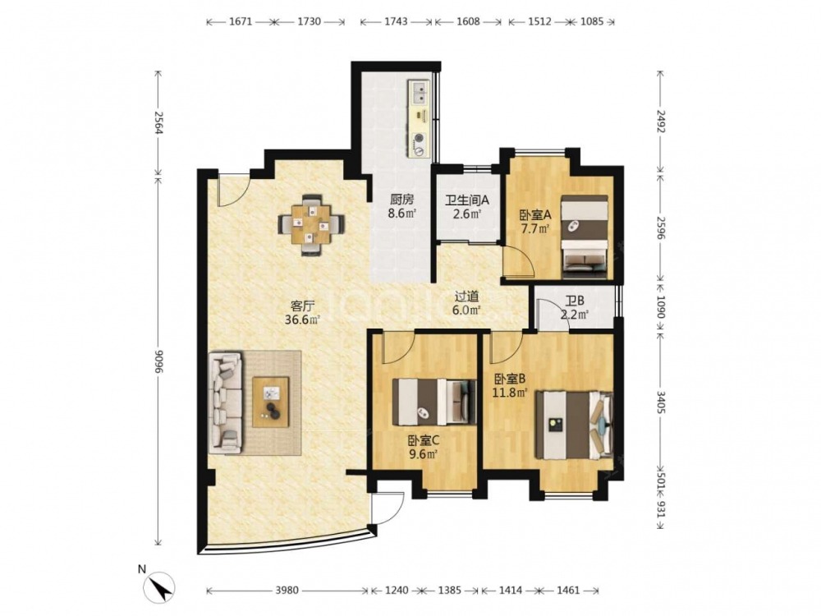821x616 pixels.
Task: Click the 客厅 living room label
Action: coord(303,306)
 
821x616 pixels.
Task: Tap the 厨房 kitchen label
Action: coord(401,200)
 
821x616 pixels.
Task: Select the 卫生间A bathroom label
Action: coord(467,200)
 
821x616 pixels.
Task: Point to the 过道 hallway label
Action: coord(466,297)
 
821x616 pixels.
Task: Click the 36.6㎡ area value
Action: coord(302,319)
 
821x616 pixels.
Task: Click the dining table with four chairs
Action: coord(311,225)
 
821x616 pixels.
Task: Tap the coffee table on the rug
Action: coord(271,402)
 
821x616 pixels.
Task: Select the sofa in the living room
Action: coord(226,402)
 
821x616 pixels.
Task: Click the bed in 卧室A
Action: coord(585,237)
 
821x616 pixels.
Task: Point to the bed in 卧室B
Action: coord(574,425)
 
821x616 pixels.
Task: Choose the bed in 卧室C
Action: coord(434,402)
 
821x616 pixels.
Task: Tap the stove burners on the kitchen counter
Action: coord(420,145)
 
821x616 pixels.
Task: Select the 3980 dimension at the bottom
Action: coord(287,591)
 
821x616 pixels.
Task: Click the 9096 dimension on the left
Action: coord(157,362)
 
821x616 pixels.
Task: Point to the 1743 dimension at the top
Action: coord(396,21)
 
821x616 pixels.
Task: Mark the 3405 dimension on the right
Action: coord(660,402)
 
